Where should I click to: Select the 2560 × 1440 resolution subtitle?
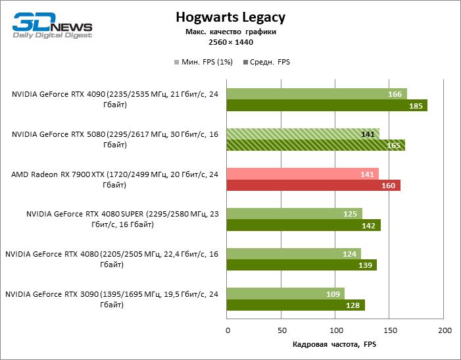(x=231, y=42)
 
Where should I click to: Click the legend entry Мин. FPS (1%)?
(x=205, y=63)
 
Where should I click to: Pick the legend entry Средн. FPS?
(x=266, y=63)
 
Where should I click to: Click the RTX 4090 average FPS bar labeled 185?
(x=327, y=105)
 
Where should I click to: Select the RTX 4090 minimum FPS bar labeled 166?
(x=316, y=94)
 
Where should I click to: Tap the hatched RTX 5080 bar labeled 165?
(x=316, y=145)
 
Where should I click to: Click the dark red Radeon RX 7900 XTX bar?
(x=313, y=186)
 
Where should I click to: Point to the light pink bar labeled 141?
(x=303, y=174)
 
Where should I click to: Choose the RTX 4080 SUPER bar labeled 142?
(x=303, y=226)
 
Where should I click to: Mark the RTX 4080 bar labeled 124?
(x=293, y=254)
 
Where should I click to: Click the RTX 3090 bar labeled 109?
(x=285, y=294)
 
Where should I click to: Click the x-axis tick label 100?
(x=335, y=330)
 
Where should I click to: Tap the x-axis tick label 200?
(x=445, y=330)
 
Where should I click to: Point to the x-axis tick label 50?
(x=281, y=330)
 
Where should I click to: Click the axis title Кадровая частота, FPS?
(x=335, y=344)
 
